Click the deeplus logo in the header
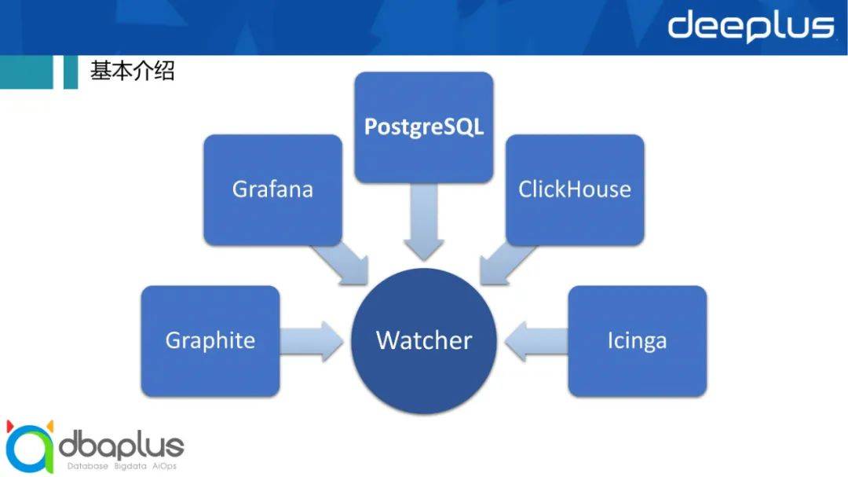pyautogui.click(x=750, y=27)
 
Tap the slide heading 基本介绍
pyautogui.click(x=132, y=72)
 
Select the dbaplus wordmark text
pyautogui.click(x=122, y=446)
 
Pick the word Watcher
pyautogui.click(x=424, y=341)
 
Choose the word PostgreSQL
pyautogui.click(x=424, y=127)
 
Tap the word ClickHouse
pyautogui.click(x=575, y=189)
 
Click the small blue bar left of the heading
pyautogui.click(x=71, y=72)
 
